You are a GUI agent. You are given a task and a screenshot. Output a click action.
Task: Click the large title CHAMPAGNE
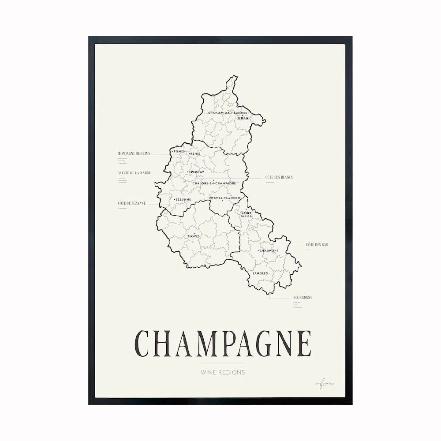click(223, 343)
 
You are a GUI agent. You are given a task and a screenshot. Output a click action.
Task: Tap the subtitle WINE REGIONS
click(223, 372)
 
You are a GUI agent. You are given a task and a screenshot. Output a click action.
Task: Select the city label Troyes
click(194, 236)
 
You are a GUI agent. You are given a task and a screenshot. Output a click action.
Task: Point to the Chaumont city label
click(269, 250)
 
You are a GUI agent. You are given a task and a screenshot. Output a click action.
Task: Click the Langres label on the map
click(261, 273)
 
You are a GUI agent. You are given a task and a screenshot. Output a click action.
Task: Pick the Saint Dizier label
click(246, 215)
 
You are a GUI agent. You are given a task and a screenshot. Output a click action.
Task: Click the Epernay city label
click(196, 172)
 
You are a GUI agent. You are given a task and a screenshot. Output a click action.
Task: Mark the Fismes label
click(179, 151)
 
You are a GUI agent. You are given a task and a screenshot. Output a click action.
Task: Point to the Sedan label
click(243, 118)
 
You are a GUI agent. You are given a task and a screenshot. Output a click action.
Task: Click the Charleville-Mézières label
click(225, 113)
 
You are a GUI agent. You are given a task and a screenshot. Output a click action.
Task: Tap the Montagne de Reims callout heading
click(134, 153)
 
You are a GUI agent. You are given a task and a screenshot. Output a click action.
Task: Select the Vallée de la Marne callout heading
click(135, 173)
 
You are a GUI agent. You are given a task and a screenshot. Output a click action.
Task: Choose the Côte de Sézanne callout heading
click(132, 203)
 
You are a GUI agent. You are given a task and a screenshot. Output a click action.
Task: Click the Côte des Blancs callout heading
click(279, 177)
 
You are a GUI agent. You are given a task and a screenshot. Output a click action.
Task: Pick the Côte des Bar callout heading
click(317, 244)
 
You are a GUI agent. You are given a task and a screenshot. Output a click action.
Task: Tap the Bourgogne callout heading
click(303, 297)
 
